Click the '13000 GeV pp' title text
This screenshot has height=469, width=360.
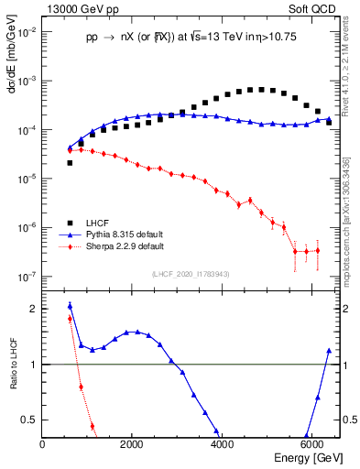click(75, 8)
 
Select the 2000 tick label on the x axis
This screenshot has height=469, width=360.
click(132, 444)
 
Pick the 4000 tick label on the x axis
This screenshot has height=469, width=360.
click(222, 444)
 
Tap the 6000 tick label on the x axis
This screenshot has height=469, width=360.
click(311, 444)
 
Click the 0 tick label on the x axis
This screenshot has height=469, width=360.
click(43, 444)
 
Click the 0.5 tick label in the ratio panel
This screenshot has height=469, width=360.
click(29, 420)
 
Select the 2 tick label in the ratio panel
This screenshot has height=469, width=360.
click(34, 309)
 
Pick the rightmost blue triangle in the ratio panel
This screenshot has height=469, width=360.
click(329, 351)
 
